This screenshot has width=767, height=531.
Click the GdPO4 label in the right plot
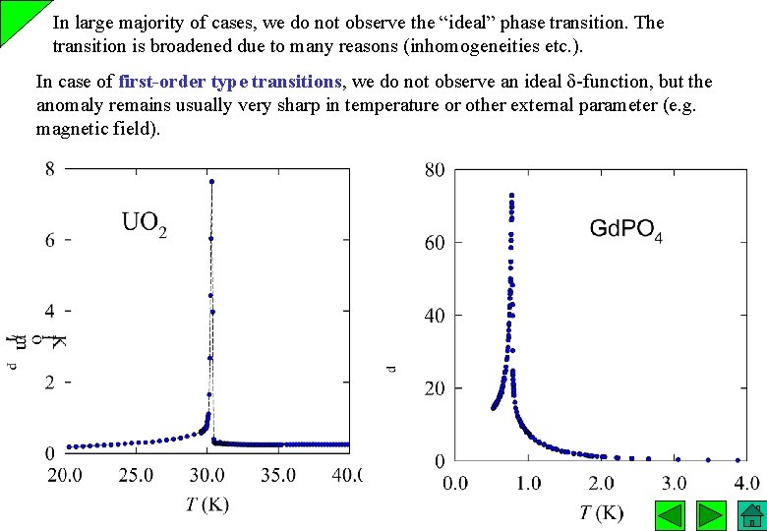point(626,230)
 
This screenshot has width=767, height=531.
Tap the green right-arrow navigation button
point(710,515)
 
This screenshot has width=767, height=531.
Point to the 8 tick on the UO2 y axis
point(49,169)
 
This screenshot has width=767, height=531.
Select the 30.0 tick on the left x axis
point(207,476)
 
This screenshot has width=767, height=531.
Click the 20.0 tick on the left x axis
point(66,476)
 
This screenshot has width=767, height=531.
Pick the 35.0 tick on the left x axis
point(278,476)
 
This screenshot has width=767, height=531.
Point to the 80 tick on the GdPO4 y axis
point(434,170)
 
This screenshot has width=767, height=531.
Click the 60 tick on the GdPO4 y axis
point(434,243)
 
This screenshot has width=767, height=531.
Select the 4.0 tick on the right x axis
point(745,483)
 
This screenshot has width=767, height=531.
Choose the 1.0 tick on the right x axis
point(528,483)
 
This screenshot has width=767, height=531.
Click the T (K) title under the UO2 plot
point(207,505)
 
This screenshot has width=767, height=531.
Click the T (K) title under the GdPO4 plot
point(601,512)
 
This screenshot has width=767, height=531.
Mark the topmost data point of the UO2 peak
point(211,181)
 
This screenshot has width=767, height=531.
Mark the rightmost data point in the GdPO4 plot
point(737,459)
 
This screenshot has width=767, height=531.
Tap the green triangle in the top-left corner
point(14,14)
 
